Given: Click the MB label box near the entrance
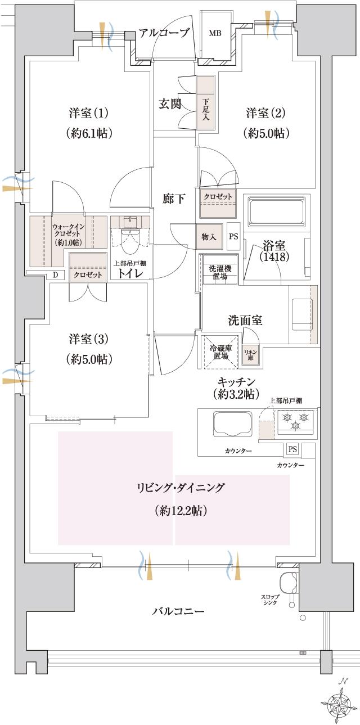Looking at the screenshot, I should click(x=215, y=33).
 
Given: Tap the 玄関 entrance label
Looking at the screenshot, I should click(x=169, y=104).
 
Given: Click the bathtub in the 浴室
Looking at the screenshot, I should click(x=276, y=210).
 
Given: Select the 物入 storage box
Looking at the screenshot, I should click(x=209, y=237).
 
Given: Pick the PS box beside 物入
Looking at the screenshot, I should click(x=233, y=236).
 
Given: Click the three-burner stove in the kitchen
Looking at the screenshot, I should click(x=296, y=421).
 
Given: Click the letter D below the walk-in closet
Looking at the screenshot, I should click(x=55, y=274).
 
